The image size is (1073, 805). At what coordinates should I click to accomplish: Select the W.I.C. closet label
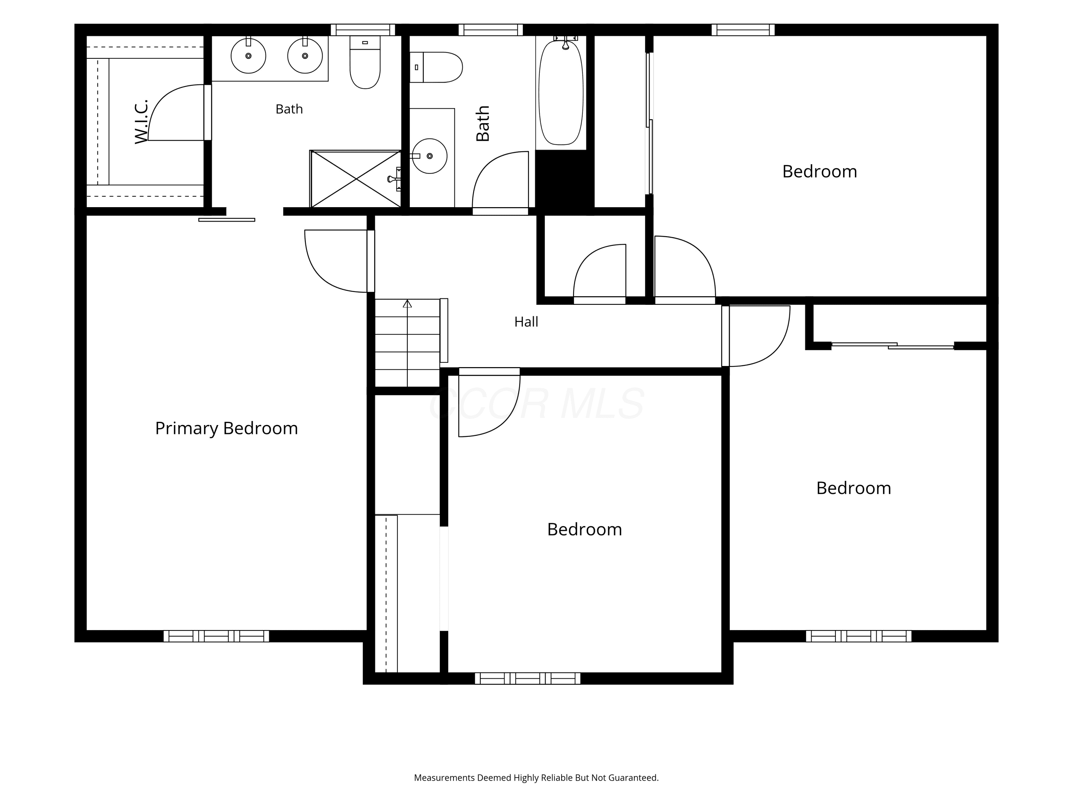tap(141, 122)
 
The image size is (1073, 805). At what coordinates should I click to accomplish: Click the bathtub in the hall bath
tap(561, 92)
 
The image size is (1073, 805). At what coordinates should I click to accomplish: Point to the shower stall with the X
tap(356, 179)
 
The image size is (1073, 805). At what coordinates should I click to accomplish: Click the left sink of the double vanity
tap(248, 56)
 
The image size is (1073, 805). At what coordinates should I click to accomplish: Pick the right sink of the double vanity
tap(305, 56)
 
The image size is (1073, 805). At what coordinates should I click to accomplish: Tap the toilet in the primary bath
tap(365, 62)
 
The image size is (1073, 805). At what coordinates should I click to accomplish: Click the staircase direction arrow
tap(407, 304)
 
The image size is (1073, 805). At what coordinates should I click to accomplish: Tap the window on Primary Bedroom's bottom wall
tap(216, 636)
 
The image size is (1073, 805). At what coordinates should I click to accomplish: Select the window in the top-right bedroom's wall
tap(743, 30)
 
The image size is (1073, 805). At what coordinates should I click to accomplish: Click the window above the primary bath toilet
tap(363, 30)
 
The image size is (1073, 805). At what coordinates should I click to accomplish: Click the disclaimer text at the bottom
tap(536, 778)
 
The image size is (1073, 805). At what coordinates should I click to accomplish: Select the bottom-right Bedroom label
tap(854, 488)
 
